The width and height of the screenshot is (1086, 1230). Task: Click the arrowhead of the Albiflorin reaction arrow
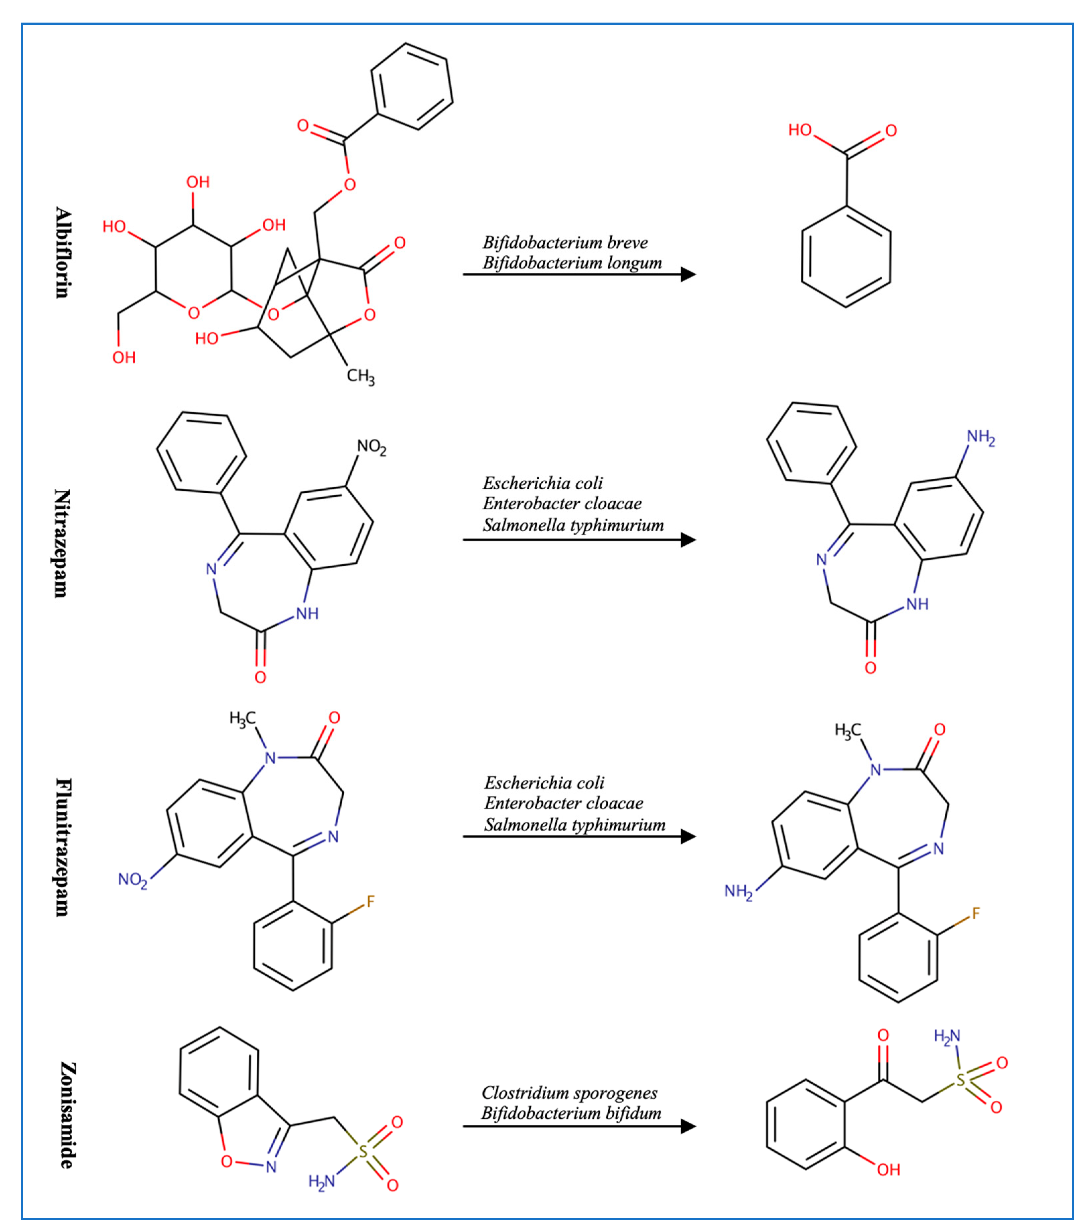[x=689, y=275]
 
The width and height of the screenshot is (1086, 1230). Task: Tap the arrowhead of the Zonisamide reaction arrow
[x=689, y=1126]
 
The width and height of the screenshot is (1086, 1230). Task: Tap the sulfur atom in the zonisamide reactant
[x=363, y=1152]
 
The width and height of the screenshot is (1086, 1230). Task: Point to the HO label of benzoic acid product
[x=800, y=130]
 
